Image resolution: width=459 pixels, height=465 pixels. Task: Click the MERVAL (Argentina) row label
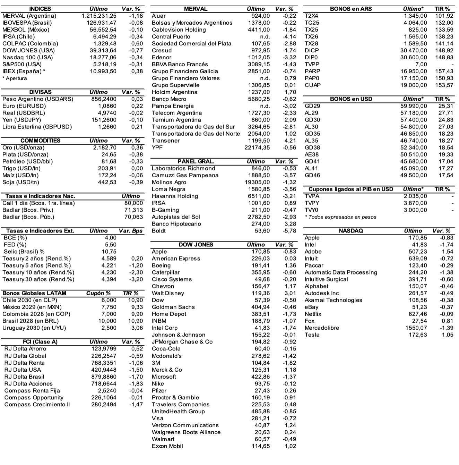click(x=29, y=16)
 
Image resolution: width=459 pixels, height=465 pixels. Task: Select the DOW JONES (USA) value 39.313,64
click(x=103, y=51)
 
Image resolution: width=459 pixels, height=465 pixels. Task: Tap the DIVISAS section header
click(x=40, y=92)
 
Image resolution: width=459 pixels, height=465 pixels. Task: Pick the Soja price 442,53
click(x=107, y=183)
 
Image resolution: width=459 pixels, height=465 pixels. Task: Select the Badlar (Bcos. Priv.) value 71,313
click(x=133, y=210)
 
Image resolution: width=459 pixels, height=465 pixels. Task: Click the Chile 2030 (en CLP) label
click(x=29, y=301)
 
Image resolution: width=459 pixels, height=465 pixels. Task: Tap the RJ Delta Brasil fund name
click(x=24, y=377)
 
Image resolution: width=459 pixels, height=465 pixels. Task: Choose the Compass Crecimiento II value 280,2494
click(x=104, y=405)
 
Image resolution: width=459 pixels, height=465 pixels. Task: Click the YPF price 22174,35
click(x=257, y=148)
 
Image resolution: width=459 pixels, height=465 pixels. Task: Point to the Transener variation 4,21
click(x=290, y=141)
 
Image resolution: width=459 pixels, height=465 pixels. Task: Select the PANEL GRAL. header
click(x=196, y=162)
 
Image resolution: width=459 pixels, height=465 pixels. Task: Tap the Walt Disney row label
click(x=168, y=294)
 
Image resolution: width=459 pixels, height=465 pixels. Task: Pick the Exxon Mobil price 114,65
click(x=261, y=446)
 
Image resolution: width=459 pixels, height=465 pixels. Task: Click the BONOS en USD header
click(x=351, y=99)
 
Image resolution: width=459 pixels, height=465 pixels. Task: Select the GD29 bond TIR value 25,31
click(x=445, y=106)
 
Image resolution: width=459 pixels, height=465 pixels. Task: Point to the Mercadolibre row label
click(x=322, y=328)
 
